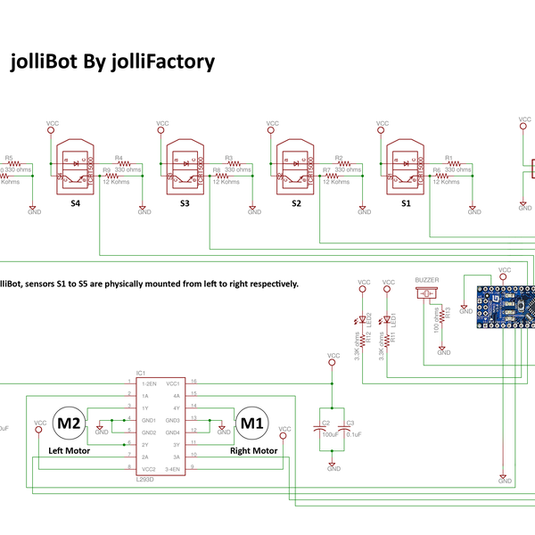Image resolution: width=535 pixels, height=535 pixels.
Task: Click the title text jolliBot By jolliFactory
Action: coord(112,62)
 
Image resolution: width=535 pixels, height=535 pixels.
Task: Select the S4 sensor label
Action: coord(75,204)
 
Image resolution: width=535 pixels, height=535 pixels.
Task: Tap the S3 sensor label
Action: coord(185,204)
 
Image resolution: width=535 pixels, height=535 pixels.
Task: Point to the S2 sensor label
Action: coord(296,204)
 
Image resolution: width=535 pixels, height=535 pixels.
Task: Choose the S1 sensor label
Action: coord(406,204)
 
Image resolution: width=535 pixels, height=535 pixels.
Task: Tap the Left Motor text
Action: coord(69,451)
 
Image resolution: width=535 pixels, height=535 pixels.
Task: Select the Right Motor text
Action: coord(253,451)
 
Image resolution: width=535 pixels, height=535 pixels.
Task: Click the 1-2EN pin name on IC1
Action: coord(150,382)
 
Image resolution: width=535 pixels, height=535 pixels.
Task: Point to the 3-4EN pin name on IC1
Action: coord(173,468)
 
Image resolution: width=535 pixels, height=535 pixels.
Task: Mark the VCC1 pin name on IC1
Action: coord(174,382)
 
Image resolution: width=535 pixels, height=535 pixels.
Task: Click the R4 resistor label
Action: coord(119,157)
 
